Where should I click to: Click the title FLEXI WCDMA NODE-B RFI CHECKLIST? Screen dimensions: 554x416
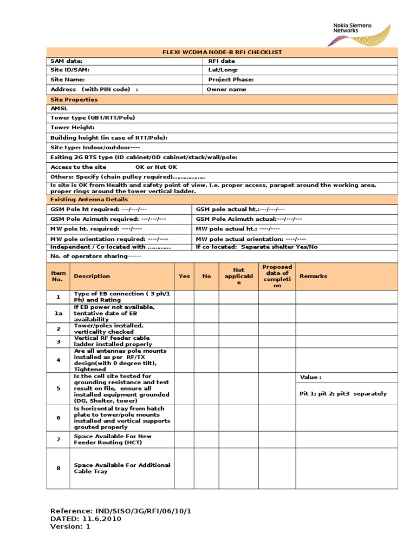[222, 52]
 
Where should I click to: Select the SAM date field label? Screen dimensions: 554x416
[67, 61]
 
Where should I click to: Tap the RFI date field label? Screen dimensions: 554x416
[222, 61]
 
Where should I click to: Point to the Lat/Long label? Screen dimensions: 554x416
[223, 70]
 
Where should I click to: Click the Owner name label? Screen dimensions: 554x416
[226, 89]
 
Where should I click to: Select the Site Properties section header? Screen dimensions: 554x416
[74, 100]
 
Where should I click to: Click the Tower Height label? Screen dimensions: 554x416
[73, 127]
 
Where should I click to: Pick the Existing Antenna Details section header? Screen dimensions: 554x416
[86, 199]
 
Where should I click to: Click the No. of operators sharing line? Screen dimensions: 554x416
[96, 256]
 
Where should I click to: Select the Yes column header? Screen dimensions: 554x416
[184, 276]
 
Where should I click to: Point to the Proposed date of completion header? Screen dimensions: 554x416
[277, 276]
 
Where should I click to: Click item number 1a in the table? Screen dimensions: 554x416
[58, 313]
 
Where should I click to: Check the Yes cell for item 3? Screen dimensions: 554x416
[184, 341]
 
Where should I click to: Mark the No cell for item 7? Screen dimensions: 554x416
[206, 439]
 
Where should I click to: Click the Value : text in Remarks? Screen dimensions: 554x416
[310, 377]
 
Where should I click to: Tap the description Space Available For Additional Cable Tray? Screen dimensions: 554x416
[122, 468]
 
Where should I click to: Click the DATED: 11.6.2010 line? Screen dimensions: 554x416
[86, 518]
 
